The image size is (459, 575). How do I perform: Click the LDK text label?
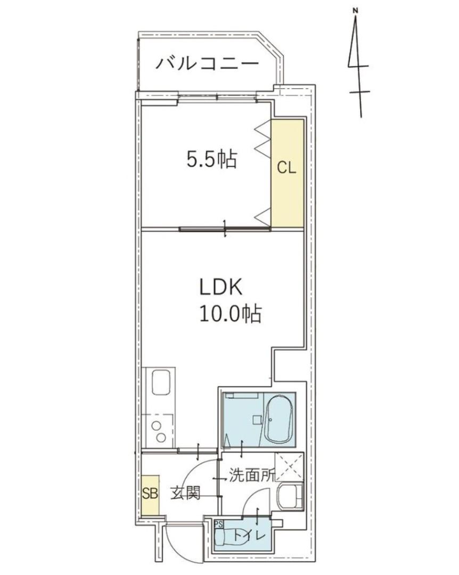click(x=221, y=287)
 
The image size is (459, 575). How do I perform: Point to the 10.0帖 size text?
click(x=230, y=314)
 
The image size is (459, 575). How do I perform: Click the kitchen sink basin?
click(x=161, y=382)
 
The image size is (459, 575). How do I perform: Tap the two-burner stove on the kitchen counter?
click(x=159, y=432)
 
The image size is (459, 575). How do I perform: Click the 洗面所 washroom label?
click(x=251, y=475)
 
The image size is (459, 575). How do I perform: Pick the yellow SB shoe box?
click(x=150, y=494)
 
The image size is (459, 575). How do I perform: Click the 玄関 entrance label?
click(x=185, y=494)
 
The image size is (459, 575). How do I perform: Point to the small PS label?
click(x=218, y=524)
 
